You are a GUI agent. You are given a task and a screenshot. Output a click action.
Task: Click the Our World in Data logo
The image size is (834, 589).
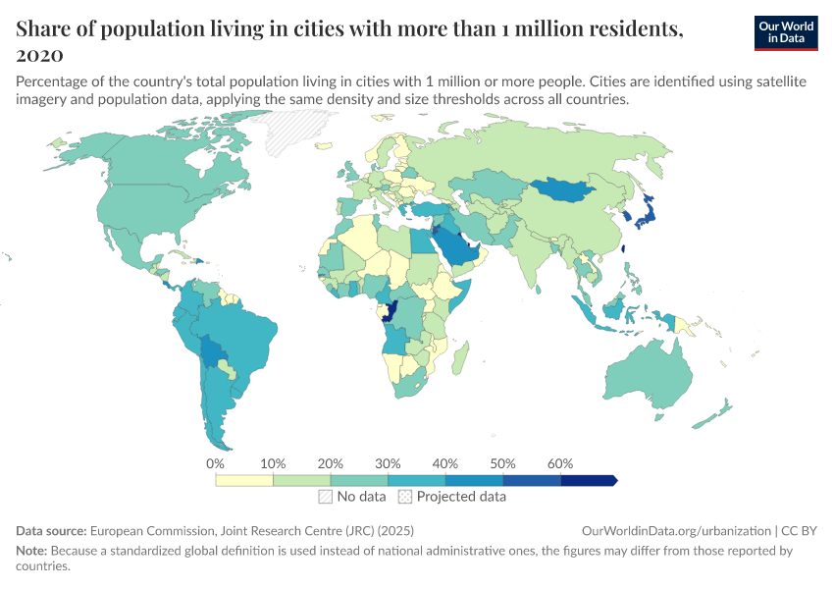pos(786,32)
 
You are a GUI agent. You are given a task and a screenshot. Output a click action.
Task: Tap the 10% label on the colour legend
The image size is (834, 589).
pos(273,463)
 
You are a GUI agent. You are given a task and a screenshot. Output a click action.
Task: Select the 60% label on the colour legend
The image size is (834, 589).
pos(560,463)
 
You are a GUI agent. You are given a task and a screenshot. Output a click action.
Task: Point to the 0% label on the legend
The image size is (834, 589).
pos(216,463)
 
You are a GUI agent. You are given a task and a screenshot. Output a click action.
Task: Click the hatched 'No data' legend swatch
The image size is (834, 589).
pos(325,497)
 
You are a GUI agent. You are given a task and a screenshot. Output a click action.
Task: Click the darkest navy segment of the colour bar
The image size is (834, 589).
pos(588,480)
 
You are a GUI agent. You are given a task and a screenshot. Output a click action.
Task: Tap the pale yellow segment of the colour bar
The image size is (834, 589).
pos(244,480)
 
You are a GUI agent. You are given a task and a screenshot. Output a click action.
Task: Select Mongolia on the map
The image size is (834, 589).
pos(566,188)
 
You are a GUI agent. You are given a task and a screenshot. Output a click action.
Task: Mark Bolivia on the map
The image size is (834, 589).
pos(212,350)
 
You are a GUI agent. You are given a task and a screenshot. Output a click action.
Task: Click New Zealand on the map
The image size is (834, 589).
pos(717,412)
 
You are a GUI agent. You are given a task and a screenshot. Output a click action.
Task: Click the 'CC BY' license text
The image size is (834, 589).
pos(801,530)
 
